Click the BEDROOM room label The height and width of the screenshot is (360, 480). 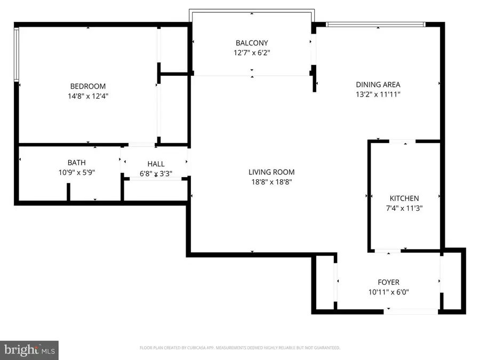[88, 86]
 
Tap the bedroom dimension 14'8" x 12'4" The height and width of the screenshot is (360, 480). [88, 96]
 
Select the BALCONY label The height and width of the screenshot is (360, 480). [252, 43]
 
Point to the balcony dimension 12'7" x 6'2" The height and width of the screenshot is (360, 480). [252, 53]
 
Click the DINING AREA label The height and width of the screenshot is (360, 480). [378, 84]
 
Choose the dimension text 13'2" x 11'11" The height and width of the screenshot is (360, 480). [378, 94]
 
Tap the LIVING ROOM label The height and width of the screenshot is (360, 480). [271, 172]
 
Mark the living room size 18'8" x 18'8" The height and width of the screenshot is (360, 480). [271, 182]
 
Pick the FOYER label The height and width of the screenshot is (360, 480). [388, 282]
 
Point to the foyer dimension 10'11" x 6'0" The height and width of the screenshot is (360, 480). [388, 292]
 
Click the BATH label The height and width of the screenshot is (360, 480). [76, 162]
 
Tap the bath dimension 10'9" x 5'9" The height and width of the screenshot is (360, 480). [76, 172]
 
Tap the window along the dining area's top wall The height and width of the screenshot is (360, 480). [375, 24]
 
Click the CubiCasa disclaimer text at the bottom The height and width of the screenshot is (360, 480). [239, 348]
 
